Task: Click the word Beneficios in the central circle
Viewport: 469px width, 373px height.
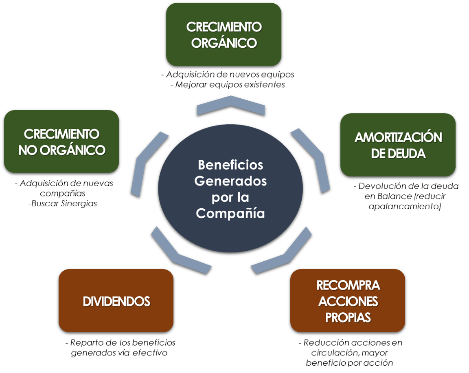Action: click(x=230, y=165)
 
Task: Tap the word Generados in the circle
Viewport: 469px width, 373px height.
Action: click(x=230, y=181)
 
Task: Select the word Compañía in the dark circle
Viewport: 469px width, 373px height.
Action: click(x=230, y=214)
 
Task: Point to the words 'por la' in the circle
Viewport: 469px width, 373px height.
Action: click(x=230, y=197)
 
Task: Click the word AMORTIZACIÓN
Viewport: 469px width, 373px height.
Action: click(x=398, y=137)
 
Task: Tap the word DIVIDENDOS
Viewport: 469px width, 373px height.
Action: click(x=116, y=301)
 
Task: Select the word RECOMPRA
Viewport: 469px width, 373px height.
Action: click(x=348, y=285)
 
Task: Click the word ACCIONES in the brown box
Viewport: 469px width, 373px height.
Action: click(x=348, y=301)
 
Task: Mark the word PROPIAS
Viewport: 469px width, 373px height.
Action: click(x=348, y=318)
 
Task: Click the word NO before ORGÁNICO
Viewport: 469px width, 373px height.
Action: click(x=28, y=150)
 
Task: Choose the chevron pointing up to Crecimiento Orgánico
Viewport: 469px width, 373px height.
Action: click(x=231, y=104)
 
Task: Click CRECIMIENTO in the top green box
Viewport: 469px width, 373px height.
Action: click(x=224, y=27)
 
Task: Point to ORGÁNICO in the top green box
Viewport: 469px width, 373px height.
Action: click(x=224, y=43)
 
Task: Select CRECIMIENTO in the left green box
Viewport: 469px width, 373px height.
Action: click(x=61, y=134)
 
